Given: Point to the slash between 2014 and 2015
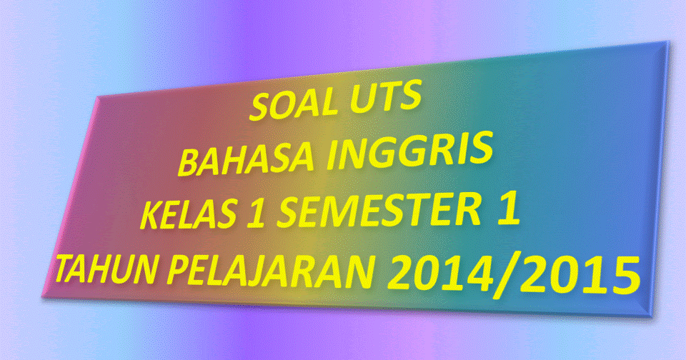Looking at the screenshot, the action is [x=514, y=275].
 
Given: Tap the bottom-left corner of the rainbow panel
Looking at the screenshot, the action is [x=42, y=297].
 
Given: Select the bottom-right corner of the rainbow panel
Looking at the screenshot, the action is [x=652, y=317].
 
